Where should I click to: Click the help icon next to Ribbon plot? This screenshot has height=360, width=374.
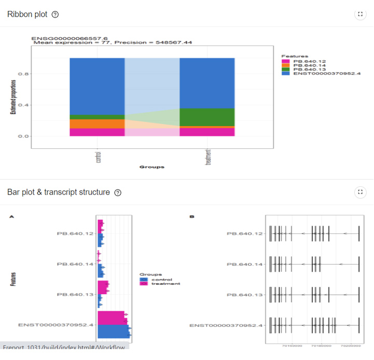56,15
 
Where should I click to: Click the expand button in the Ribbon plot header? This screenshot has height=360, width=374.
360,15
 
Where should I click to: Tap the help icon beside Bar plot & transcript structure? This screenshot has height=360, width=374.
118,192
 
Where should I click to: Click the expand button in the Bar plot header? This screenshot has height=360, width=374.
360,192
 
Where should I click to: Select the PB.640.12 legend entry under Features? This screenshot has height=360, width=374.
306,61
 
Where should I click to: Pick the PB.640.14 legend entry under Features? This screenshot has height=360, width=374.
306,65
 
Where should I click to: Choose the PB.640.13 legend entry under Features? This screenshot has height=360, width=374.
306,70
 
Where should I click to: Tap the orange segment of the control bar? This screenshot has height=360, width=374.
97,123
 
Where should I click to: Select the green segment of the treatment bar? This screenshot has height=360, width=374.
207,117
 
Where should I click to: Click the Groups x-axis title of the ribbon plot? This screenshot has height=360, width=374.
151,167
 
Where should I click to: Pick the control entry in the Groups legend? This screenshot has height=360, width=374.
160,280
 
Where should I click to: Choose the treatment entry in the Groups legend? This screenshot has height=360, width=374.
164,284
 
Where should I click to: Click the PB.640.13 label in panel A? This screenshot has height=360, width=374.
75,295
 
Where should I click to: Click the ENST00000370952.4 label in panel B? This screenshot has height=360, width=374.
226,325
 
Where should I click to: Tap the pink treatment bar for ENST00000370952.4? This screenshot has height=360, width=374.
111,317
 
